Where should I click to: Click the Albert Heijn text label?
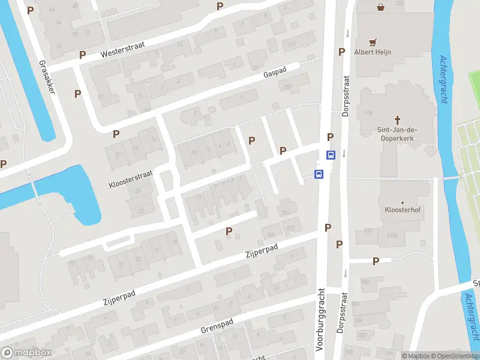(x=373, y=52)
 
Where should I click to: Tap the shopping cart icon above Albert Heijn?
(x=373, y=42)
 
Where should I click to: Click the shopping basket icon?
(x=380, y=8)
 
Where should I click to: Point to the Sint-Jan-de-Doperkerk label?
(x=397, y=134)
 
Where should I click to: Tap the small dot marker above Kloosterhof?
(x=402, y=203)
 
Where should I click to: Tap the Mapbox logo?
(x=26, y=353)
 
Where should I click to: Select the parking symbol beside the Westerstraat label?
(x=82, y=54)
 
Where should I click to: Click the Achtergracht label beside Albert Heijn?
(x=445, y=79)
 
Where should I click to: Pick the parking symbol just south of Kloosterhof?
(x=376, y=261)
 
